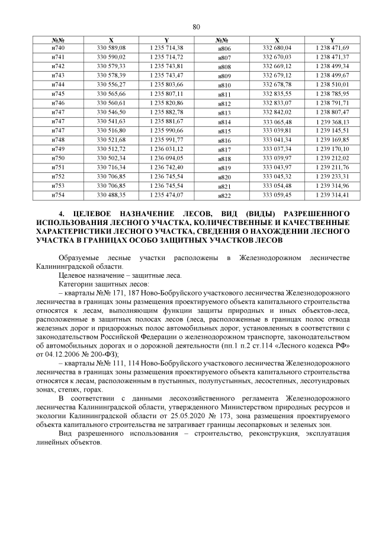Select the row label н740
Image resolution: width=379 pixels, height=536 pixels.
tap(59, 47)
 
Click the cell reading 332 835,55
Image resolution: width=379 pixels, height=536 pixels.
tap(277, 94)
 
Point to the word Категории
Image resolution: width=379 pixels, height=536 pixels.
tap(76, 284)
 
